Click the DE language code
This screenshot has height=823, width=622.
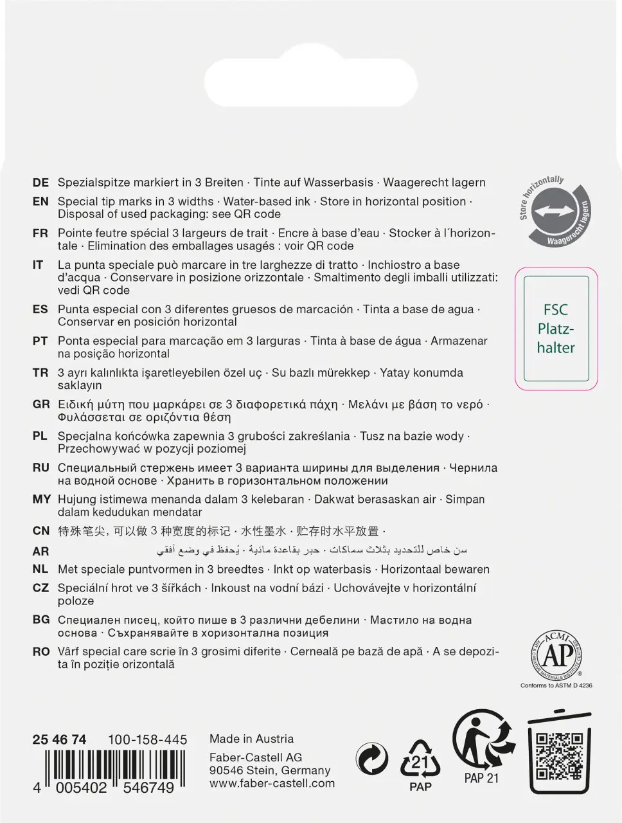[40, 183]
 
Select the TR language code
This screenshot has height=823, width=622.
[40, 373]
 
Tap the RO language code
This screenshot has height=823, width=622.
[41, 652]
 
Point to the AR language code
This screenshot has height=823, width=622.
[40, 551]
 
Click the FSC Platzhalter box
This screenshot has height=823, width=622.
[556, 329]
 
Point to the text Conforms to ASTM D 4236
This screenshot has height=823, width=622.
[556, 686]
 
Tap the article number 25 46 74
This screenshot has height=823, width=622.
[59, 739]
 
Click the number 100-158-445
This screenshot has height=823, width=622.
[147, 739]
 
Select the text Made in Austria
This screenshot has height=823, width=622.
[251, 739]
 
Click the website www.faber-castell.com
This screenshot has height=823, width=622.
[272, 783]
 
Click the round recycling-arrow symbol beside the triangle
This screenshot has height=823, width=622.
[373, 761]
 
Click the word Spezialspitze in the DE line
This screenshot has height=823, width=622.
[93, 183]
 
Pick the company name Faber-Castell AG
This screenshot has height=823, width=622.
[256, 757]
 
